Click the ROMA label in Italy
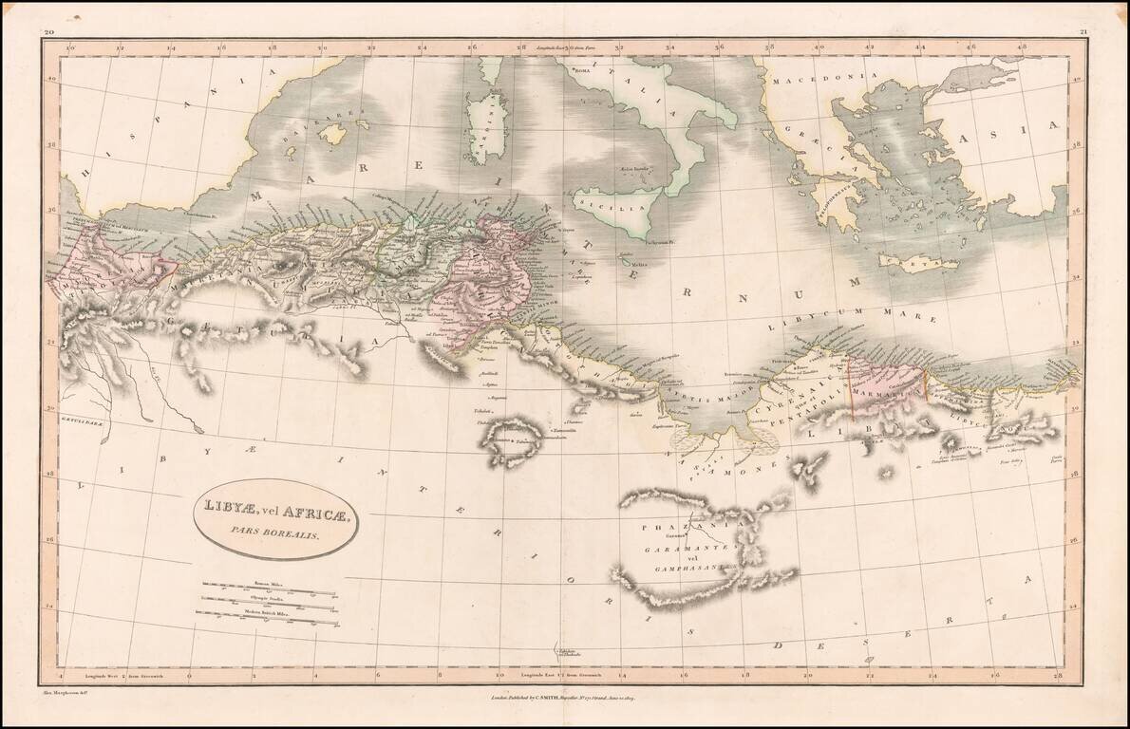pyautogui.click(x=580, y=70)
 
